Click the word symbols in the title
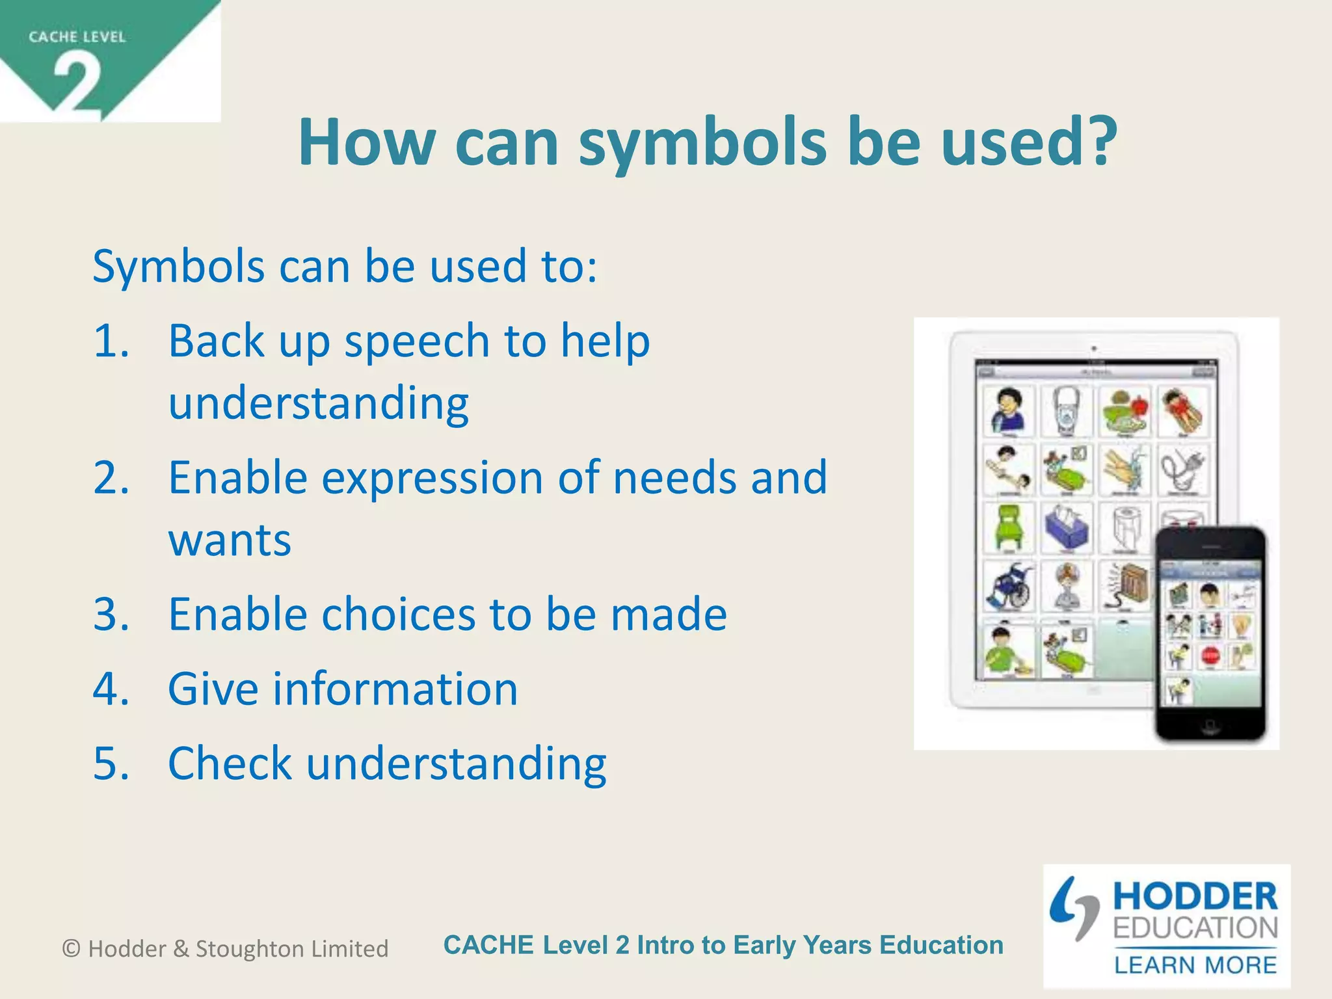point(702,144)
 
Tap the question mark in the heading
point(1098,141)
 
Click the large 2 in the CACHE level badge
point(77,83)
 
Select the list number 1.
point(111,341)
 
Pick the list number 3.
point(111,615)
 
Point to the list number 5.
point(111,764)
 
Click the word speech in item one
point(416,342)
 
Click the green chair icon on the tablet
point(1007,528)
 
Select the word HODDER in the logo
point(1195,897)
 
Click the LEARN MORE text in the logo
point(1195,965)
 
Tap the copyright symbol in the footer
point(71,949)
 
